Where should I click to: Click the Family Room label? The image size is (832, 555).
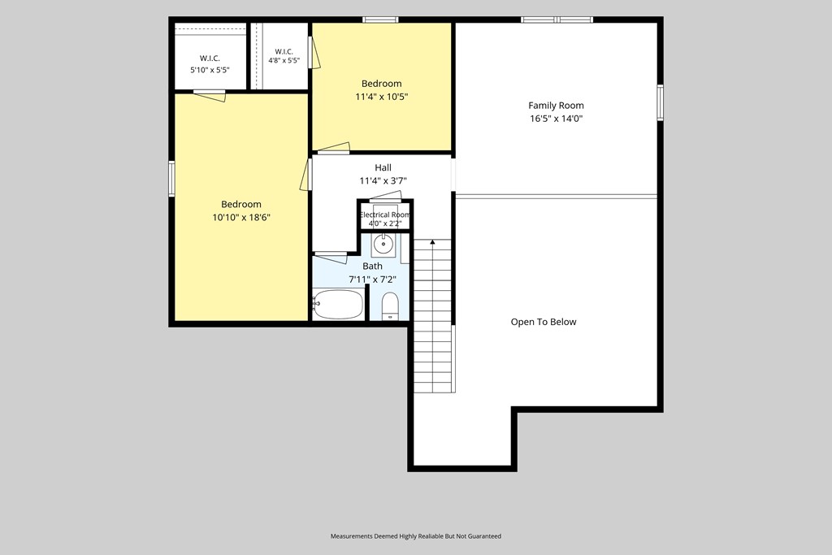coord(556,106)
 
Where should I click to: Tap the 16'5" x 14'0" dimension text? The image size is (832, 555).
coord(556,119)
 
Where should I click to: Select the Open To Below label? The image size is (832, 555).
coord(544,322)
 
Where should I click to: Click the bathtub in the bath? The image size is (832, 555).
coord(338,304)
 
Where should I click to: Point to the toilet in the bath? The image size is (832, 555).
coord(390,306)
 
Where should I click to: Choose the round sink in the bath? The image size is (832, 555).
coord(383,244)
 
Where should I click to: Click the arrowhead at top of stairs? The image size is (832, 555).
coord(432,242)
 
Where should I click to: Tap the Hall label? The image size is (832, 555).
coord(383,167)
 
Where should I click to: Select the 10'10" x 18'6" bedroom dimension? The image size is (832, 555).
coord(241,218)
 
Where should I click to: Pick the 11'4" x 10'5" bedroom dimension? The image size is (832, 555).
coord(382,97)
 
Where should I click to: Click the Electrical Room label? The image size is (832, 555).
coord(384,215)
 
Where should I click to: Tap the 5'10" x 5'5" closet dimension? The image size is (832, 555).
coord(210,70)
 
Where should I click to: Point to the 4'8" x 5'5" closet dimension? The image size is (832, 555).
coord(284,60)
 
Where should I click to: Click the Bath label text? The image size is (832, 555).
coord(372,267)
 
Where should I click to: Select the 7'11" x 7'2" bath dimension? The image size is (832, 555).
coord(372,280)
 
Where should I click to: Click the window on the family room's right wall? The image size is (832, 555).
coord(661,102)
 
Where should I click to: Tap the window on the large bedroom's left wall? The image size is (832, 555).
coord(172,179)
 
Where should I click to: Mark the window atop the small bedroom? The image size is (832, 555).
coord(380,20)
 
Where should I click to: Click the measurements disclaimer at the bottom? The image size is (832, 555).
coord(416,536)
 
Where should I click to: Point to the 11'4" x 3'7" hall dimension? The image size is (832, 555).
coord(383,181)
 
